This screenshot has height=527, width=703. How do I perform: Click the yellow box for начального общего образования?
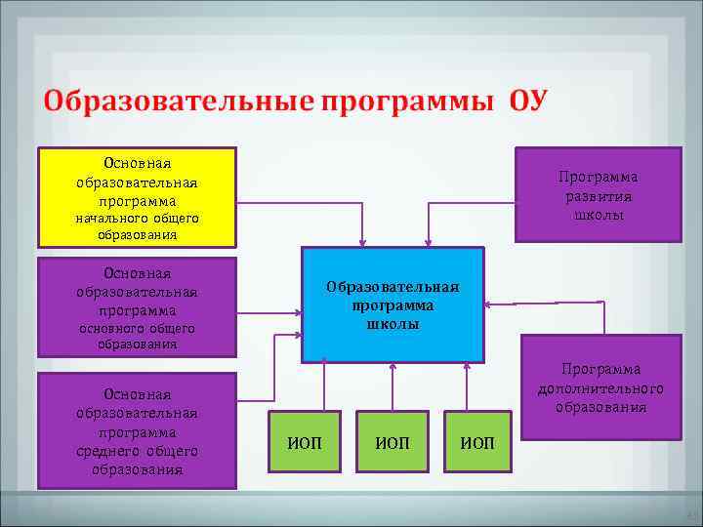pyautogui.click(x=137, y=196)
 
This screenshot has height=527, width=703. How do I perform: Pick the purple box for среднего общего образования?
pyautogui.click(x=137, y=430)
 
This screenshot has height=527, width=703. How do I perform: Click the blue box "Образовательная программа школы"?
pyautogui.click(x=393, y=304)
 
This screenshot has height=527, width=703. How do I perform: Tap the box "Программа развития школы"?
pyautogui.click(x=598, y=194)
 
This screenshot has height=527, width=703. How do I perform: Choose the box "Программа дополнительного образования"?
pyautogui.click(x=600, y=387)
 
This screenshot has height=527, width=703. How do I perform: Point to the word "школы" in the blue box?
pyautogui.click(x=393, y=324)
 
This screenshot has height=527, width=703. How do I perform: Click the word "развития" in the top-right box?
pyautogui.click(x=598, y=195)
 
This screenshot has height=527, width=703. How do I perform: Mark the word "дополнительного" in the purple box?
pyautogui.click(x=600, y=388)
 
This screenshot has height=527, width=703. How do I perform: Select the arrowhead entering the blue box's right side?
pyautogui.click(x=490, y=305)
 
